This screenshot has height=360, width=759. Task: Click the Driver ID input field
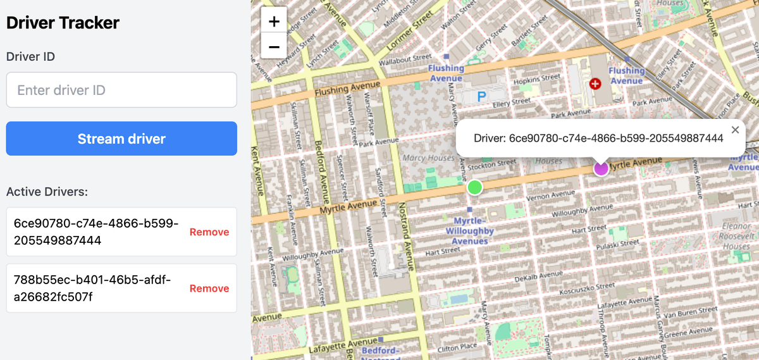[121, 90]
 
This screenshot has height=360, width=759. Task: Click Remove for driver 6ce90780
[209, 232]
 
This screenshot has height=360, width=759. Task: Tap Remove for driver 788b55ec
[209, 289]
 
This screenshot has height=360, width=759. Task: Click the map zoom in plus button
[274, 21]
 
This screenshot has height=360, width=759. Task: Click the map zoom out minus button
[274, 46]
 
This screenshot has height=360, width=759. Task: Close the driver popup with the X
[735, 130]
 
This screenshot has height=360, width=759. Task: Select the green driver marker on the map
[474, 187]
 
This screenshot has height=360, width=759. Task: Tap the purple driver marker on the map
[601, 168]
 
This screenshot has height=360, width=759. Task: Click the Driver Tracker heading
[63, 23]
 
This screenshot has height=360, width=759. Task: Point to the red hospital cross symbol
[595, 84]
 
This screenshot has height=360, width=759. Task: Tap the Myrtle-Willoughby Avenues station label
[470, 230]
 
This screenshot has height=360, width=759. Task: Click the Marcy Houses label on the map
[428, 158]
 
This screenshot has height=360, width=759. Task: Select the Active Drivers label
[47, 192]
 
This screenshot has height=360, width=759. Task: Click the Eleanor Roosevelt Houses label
[736, 236]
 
